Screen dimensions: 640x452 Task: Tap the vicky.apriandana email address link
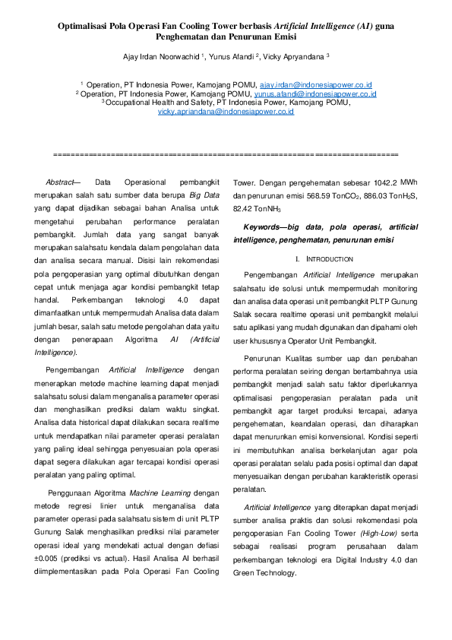coord(226,111)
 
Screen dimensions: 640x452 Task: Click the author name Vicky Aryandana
coord(294,55)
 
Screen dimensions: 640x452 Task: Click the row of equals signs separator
coord(226,154)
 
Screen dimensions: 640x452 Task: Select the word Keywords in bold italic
coord(261,227)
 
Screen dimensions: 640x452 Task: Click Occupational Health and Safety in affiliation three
coord(159,102)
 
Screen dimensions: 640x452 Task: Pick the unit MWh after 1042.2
coord(409,182)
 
